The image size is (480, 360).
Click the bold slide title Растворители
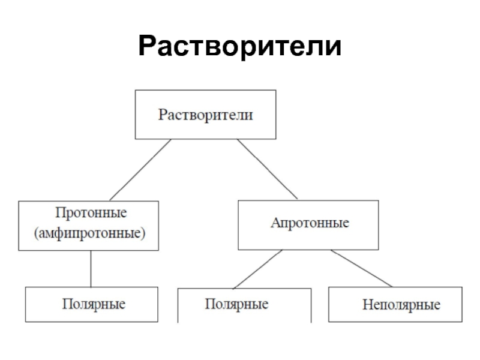point(239,47)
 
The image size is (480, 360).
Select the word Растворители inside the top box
point(205,115)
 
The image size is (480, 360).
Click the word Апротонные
point(310,223)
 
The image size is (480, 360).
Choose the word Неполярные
point(401,305)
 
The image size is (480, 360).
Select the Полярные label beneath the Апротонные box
point(237,304)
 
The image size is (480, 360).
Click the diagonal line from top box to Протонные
point(140,170)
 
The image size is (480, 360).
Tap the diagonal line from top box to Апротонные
point(267,169)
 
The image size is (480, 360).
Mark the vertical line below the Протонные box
point(91,268)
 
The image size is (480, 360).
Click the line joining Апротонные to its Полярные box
point(257,268)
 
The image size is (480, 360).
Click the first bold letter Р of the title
point(147,47)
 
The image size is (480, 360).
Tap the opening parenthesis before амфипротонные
point(37,232)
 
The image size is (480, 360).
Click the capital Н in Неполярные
point(366,305)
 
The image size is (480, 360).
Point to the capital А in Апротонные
point(275,223)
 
